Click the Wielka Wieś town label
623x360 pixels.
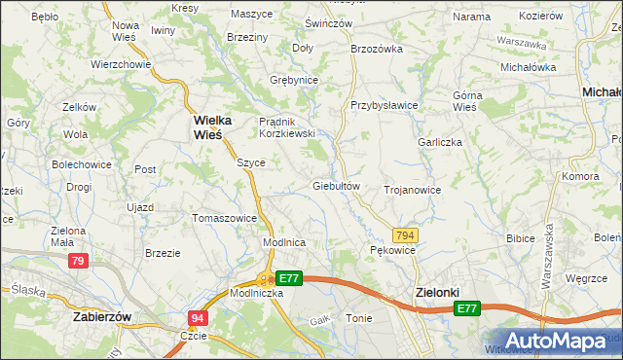(207, 127)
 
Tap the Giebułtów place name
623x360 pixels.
(336, 185)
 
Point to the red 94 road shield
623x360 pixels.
(198, 318)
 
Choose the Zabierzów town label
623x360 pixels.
(101, 316)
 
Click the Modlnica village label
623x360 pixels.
(285, 242)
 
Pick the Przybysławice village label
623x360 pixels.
(385, 105)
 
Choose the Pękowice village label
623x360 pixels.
(393, 250)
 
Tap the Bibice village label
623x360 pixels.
(522, 237)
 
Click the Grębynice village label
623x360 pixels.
(295, 79)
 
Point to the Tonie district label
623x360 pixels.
(357, 318)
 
